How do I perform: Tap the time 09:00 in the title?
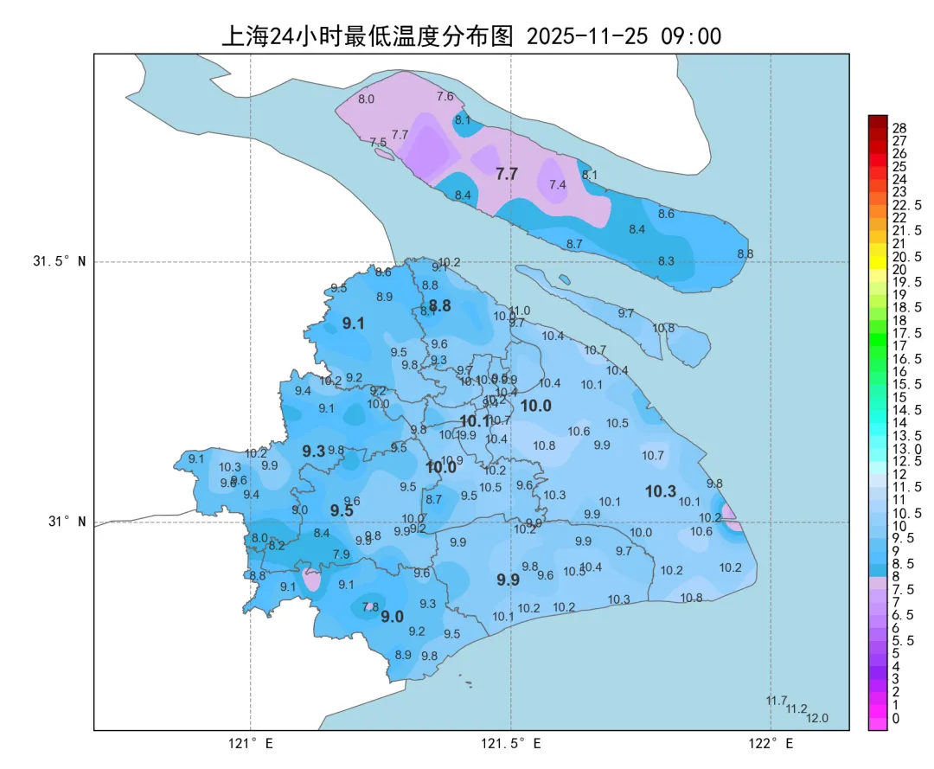[691, 36]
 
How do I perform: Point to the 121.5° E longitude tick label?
[511, 744]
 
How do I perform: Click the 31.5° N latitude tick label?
[60, 261]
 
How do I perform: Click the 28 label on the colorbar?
[899, 128]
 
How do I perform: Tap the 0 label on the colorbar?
[895, 718]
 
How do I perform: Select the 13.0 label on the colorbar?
[906, 448]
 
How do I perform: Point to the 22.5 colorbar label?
[906, 205]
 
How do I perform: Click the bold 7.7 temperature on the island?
[507, 174]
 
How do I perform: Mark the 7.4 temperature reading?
[557, 185]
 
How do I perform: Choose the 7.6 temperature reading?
[445, 96]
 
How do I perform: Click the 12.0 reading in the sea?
[817, 718]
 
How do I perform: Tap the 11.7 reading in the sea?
[776, 700]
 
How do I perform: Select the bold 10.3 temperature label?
[660, 491]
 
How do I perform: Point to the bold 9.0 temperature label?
[393, 617]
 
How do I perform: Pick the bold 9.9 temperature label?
[508, 580]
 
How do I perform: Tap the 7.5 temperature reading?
[378, 142]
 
